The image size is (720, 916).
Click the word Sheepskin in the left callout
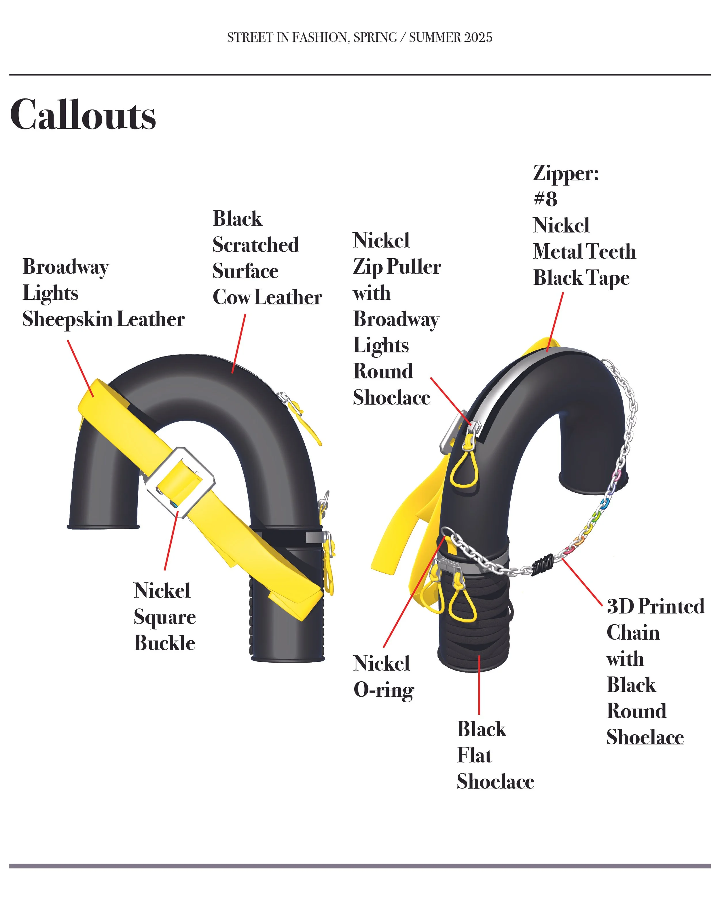[x=67, y=319]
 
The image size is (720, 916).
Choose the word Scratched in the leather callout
[x=255, y=245]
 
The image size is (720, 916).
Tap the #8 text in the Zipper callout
[x=545, y=199]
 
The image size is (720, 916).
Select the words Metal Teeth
[x=584, y=252]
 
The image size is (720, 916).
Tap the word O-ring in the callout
[x=384, y=691]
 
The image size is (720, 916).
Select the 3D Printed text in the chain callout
[x=655, y=607]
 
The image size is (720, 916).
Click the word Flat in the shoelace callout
[x=475, y=755]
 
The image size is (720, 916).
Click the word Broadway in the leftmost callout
[x=66, y=267]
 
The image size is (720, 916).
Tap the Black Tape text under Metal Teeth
[x=581, y=278]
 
